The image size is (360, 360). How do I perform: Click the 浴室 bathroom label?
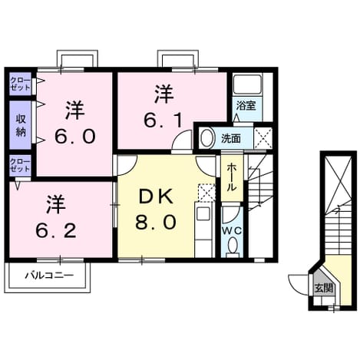pos(246,105)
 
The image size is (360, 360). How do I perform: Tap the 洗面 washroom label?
pos(231,139)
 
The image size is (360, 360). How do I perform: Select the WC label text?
pos(232,231)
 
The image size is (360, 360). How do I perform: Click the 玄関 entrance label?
pos(324,288)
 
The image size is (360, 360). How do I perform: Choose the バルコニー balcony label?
pos(49,276)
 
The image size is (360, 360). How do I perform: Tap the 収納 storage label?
pos(21,125)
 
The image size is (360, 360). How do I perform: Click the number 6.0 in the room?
pos(75,136)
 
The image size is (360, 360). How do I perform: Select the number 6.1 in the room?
pos(163,121)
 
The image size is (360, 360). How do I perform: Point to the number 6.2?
pos(56,230)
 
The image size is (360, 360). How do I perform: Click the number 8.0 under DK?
pos(156,222)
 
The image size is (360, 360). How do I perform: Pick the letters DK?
pos(156,197)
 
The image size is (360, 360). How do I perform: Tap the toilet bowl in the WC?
pos(233,245)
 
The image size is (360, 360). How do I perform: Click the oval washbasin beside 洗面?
pos(207,138)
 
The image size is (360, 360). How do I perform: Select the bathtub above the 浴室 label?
pos(247,84)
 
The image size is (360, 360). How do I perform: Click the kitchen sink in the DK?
pos(203,214)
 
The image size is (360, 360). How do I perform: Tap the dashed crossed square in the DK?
pos(207,193)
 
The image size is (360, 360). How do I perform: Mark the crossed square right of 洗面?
pos(263,138)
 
